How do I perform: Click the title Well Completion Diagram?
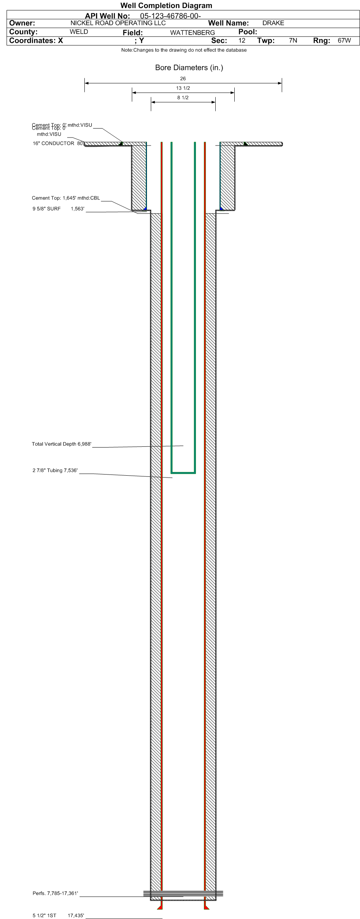point(166,6)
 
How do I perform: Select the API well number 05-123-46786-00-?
point(171,16)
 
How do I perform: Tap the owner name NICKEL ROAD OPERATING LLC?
point(118,23)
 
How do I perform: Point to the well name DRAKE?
point(273,23)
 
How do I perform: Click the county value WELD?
point(79,32)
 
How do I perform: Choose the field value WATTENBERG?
point(192,33)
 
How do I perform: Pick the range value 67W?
point(344,41)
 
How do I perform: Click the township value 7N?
point(293,41)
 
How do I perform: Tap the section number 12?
point(242,41)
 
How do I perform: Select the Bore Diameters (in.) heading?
point(189,68)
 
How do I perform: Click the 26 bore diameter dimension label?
point(183,79)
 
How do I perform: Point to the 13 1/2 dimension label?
point(183,88)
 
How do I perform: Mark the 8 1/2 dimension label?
point(183,98)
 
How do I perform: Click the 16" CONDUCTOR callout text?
point(54,144)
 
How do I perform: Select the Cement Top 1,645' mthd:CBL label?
point(66,198)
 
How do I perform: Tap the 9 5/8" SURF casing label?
point(47,209)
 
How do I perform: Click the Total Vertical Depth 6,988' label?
point(62,444)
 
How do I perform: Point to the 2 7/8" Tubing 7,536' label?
point(55,470)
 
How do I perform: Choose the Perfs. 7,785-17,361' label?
point(55,893)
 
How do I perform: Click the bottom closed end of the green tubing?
point(183,473)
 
